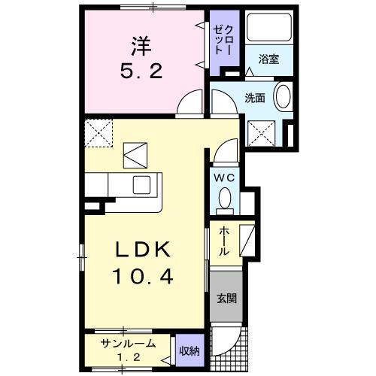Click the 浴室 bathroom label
pos(269,59)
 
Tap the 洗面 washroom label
pos(254,97)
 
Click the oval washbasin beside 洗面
pos(282,98)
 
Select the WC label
pos(224,177)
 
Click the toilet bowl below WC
pos(225,198)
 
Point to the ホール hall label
pos(223,243)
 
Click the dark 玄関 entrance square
pos(226,297)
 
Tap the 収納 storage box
pos(190,350)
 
